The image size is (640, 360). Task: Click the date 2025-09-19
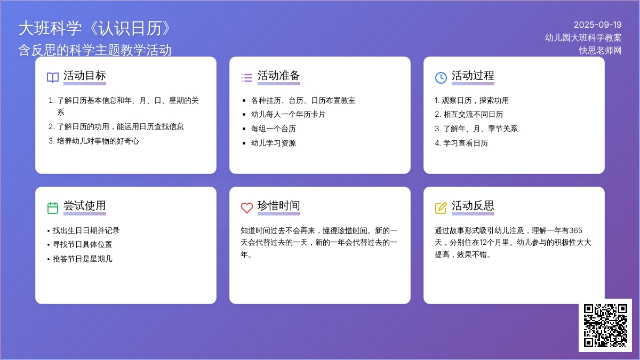(x=598, y=25)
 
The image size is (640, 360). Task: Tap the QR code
(x=605, y=325)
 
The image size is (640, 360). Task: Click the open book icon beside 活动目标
(x=53, y=77)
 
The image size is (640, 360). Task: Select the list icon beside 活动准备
(x=247, y=77)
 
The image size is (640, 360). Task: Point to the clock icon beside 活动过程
(x=441, y=77)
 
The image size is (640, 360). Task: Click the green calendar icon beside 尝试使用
(x=53, y=207)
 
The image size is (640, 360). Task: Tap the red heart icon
(x=247, y=207)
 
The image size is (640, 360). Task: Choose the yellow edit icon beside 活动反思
(x=441, y=207)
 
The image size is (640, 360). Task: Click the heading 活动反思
(x=473, y=206)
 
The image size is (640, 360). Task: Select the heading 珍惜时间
(x=278, y=206)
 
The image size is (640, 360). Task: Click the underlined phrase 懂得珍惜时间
(x=345, y=230)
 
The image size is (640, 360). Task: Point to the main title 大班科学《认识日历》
(x=95, y=29)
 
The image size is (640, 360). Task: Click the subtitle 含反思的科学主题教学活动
(x=95, y=50)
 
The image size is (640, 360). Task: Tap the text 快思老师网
(x=601, y=51)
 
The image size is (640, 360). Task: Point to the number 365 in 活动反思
(x=575, y=230)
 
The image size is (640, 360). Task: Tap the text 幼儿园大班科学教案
(x=583, y=38)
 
